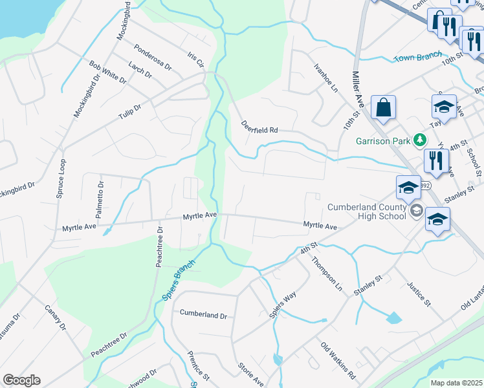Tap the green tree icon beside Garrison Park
419,139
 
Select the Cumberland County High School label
367,211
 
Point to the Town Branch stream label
418,57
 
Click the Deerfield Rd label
259,127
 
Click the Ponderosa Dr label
153,58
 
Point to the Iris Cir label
195,59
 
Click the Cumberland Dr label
203,316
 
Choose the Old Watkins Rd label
338,360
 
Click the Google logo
21,380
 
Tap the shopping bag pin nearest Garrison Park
383,108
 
